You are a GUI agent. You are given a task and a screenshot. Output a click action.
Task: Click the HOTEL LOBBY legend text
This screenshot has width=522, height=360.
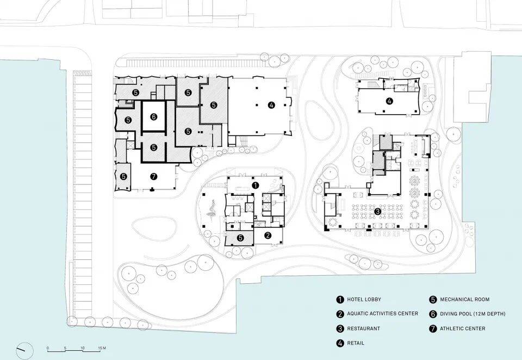coord(364,300)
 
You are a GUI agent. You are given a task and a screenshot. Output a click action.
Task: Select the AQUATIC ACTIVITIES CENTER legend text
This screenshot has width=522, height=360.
coord(382,313)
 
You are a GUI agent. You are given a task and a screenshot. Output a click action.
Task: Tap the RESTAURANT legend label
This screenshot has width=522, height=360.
coord(364,328)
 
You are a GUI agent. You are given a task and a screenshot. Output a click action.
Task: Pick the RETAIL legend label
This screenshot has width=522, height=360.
coord(356,343)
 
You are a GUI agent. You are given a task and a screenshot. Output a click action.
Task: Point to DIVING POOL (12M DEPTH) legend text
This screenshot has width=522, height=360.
coord(473,314)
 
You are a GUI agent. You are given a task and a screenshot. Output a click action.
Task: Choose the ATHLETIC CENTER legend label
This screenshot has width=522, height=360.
coord(463,328)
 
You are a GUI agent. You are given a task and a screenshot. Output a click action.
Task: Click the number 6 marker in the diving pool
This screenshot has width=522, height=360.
coord(153,117)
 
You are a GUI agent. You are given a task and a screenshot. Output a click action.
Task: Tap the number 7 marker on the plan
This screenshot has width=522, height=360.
coord(153,177)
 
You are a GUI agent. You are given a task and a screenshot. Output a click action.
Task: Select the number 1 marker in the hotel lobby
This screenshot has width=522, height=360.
coord(256,185)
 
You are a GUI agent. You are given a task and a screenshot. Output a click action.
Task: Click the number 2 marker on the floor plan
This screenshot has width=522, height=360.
coord(268,235)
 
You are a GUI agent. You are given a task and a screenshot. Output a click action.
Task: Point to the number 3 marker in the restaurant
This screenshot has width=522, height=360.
coord(377,211)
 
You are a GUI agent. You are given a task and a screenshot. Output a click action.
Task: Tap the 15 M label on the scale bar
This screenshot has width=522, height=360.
coord(102,348)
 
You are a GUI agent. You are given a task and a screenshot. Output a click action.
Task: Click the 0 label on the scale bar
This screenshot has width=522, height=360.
coord(48,348)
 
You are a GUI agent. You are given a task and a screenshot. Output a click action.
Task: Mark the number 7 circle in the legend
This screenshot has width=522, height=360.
coord(433,328)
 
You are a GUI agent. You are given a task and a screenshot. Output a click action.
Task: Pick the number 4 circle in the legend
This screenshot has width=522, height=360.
coord(339,343)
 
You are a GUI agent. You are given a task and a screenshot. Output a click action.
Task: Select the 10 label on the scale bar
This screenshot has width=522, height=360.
coord(83,348)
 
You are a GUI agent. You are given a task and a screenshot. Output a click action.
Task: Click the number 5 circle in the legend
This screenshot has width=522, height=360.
coord(433,300)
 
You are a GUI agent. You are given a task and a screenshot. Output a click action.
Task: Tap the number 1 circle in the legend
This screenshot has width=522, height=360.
coord(339,300)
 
